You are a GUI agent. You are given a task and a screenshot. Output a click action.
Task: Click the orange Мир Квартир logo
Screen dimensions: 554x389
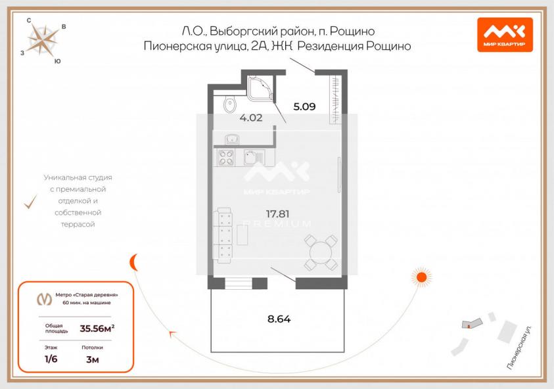pyautogui.click(x=505, y=35)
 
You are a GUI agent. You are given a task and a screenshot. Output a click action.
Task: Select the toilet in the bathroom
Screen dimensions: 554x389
pyautogui.click(x=229, y=104)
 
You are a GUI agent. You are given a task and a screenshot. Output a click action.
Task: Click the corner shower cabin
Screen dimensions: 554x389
pyautogui.click(x=261, y=88)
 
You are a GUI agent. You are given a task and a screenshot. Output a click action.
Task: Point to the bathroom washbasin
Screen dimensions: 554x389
pyautogui.click(x=231, y=139)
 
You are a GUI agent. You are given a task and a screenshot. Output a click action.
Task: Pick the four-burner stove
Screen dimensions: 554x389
pyautogui.click(x=226, y=158)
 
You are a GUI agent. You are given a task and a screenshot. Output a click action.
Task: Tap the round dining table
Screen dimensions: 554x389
pyautogui.click(x=321, y=252)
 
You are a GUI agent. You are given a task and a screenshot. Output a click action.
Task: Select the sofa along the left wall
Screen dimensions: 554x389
pyautogui.click(x=223, y=235)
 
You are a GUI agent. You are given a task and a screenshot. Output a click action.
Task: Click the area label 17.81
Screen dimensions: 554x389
pyautogui.click(x=278, y=214)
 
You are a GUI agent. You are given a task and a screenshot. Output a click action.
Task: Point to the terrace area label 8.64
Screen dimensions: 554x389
pyautogui.click(x=279, y=319)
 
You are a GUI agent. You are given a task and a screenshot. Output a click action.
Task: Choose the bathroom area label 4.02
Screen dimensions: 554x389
pyautogui.click(x=251, y=118)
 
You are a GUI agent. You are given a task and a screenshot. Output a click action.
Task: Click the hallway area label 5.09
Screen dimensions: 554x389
pyautogui.click(x=304, y=106)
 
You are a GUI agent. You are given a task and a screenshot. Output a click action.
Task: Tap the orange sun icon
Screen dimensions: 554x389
pyautogui.click(x=421, y=277)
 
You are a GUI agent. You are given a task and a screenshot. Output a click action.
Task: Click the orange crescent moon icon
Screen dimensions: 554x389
pyautogui.click(x=133, y=263)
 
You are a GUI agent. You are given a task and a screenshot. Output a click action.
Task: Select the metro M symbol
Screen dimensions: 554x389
pyautogui.click(x=45, y=300)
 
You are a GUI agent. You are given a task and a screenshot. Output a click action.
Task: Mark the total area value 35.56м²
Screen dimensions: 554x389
pyautogui.click(x=97, y=329)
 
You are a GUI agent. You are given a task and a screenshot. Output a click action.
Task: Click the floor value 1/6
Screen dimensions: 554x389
pyautogui.click(x=51, y=359)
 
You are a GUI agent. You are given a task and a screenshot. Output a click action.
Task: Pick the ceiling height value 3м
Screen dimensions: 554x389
pyautogui.click(x=93, y=359)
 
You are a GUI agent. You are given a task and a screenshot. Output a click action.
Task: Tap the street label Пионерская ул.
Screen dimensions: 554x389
pyautogui.click(x=519, y=348)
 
